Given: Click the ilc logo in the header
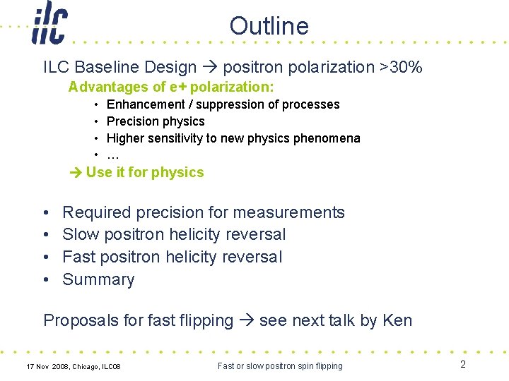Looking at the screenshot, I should point(49,25).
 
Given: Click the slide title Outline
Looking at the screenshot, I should point(269,26).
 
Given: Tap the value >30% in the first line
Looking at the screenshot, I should point(401,68).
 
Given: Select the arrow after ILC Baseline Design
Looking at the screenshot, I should point(210,68).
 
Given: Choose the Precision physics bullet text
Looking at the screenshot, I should point(155,121).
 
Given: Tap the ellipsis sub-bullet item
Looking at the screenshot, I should point(112,155).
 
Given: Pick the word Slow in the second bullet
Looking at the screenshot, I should point(80,235).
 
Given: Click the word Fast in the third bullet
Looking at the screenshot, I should point(79,257).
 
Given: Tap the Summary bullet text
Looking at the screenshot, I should point(98,280).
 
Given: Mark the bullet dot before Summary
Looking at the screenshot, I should point(46,280).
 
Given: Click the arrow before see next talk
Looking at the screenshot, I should point(247,321).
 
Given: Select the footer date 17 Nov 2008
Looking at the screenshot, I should point(49,366).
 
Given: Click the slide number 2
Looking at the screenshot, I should point(463,365).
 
